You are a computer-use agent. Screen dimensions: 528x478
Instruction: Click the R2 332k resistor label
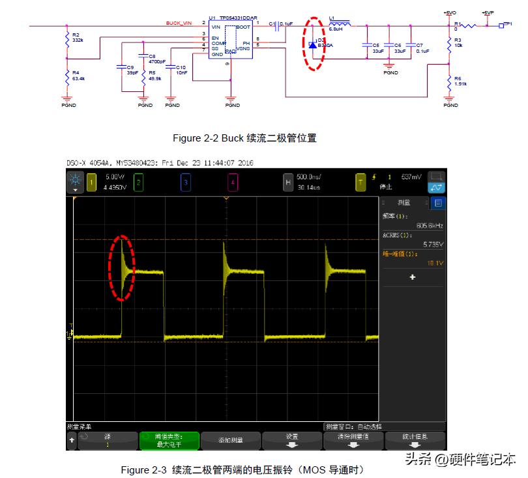click(77, 37)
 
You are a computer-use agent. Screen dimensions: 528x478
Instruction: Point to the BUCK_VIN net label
click(179, 23)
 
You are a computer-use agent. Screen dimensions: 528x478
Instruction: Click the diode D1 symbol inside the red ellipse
click(312, 44)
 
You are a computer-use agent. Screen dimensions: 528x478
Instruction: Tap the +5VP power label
click(488, 12)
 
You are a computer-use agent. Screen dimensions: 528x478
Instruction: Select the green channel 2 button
click(138, 183)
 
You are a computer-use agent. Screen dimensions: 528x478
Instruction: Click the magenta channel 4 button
click(233, 183)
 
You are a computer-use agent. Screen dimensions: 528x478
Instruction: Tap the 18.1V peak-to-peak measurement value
click(434, 263)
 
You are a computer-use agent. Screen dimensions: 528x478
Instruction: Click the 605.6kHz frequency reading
click(430, 226)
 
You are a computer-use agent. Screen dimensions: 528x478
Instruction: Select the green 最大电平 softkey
click(169, 440)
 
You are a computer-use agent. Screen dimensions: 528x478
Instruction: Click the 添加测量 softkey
click(230, 440)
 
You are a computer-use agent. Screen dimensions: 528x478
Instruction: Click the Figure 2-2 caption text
click(244, 138)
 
